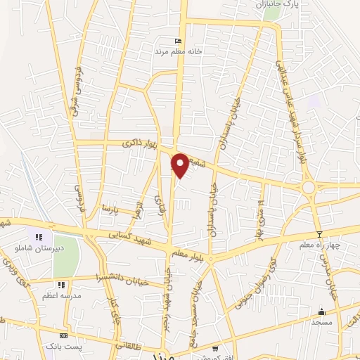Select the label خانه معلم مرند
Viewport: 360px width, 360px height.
click(180, 51)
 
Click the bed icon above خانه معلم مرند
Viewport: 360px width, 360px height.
click(177, 40)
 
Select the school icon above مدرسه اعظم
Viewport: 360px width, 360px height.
click(61, 283)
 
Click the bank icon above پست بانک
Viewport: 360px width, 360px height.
click(65, 336)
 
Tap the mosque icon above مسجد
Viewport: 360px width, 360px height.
click(322, 311)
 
